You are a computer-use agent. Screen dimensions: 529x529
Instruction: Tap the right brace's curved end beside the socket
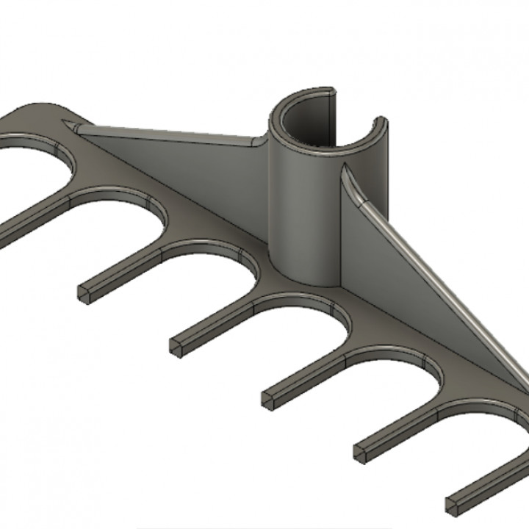coord(349,180)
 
